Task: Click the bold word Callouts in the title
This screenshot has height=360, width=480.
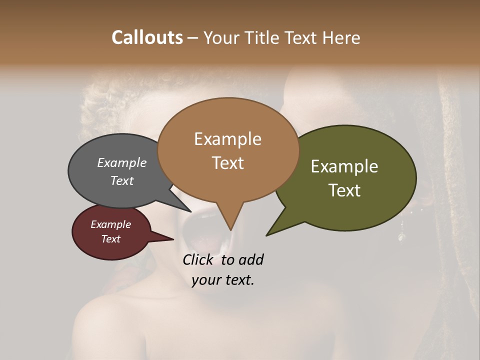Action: coord(147,37)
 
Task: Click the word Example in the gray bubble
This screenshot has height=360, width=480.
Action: coord(122,162)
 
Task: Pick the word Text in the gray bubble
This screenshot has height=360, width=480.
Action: coord(122,180)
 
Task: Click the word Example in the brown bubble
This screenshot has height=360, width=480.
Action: coord(227,139)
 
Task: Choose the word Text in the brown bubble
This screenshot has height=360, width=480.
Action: coord(227,163)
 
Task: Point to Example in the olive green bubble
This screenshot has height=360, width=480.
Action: coord(344,166)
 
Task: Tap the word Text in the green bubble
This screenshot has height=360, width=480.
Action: coord(344,190)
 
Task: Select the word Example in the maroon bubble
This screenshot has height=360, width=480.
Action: coord(111,224)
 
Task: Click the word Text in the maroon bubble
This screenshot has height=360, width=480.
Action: coord(111,239)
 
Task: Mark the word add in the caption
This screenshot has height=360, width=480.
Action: coord(251,259)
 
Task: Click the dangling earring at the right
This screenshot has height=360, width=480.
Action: coord(400,234)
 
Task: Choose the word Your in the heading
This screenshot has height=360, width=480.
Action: coord(222,37)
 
